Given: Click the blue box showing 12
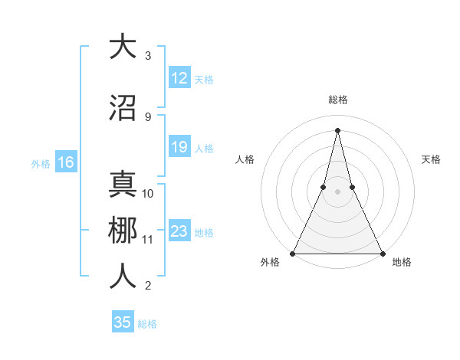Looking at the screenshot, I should click(x=179, y=78).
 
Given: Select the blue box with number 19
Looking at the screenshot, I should click(x=179, y=147).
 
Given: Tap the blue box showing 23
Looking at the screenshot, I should click(x=179, y=231).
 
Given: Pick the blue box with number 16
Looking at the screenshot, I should click(x=65, y=162).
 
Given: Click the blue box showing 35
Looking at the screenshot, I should click(x=123, y=322).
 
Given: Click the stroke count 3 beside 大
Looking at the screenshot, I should click(x=148, y=56).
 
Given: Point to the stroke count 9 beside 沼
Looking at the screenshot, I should click(x=148, y=117).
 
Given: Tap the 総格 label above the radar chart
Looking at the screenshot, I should click(x=338, y=100).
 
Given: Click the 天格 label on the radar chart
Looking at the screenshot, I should click(x=432, y=159).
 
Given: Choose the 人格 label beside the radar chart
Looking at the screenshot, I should click(x=245, y=159).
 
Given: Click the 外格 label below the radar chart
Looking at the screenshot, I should click(x=269, y=263).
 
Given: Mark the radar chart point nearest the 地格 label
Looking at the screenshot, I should click(x=382, y=253).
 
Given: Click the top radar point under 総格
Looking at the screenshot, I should click(x=337, y=129).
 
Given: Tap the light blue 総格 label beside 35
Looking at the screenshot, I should click(x=147, y=324).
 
